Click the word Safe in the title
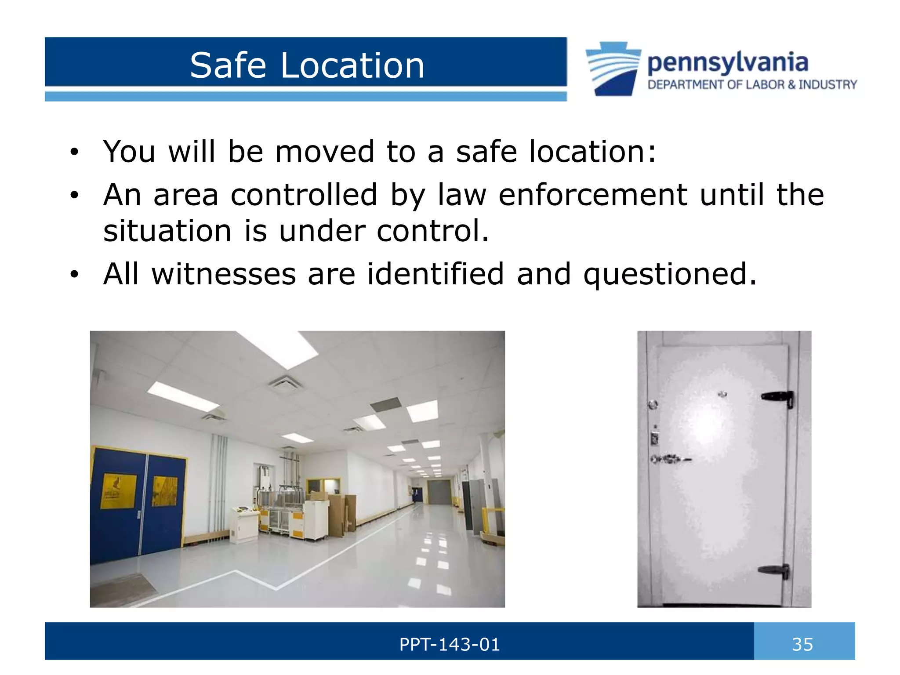[228, 65]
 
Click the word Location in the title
[352, 65]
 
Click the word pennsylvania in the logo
[727, 63]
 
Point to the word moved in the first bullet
[324, 151]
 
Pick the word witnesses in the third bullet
[224, 274]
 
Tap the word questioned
[670, 274]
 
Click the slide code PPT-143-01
[450, 645]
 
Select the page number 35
[802, 645]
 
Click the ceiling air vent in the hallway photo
[286, 385]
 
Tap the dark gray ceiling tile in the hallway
[386, 405]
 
